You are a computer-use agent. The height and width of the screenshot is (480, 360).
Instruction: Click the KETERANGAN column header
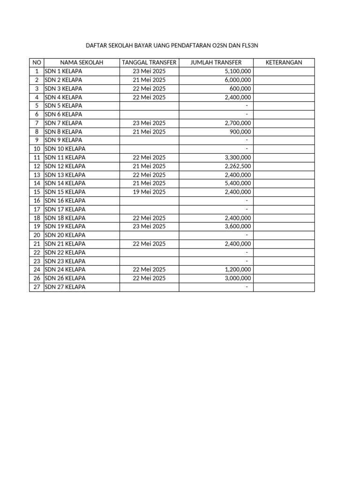point(284,63)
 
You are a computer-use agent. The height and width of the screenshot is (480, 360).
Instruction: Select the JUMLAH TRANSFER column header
point(216,63)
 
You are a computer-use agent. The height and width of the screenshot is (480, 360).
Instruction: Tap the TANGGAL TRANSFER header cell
point(149,63)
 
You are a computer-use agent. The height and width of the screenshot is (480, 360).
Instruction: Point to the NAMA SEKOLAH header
point(82,63)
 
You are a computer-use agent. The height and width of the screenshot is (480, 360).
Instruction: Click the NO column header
point(37,63)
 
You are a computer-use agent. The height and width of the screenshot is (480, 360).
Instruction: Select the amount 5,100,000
point(238,71)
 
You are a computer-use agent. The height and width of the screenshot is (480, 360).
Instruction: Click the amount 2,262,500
point(238,166)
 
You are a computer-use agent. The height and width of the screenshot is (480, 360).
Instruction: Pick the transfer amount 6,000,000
point(238,80)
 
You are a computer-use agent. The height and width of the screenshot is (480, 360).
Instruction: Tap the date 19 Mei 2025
point(149,192)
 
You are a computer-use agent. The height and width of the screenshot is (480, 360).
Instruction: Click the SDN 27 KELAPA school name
point(65,287)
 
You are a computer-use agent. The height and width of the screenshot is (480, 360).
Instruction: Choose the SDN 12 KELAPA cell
point(65,166)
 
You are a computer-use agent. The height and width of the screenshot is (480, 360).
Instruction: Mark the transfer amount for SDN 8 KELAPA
point(240,132)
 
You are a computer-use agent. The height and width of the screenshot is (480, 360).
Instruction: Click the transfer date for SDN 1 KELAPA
point(149,71)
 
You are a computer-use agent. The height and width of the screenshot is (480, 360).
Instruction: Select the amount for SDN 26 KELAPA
point(238,278)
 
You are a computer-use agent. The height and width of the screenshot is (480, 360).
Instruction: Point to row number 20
point(37,235)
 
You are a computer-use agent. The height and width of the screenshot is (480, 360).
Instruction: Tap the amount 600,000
point(240,89)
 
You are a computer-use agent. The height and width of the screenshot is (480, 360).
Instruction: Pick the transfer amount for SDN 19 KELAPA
point(238,226)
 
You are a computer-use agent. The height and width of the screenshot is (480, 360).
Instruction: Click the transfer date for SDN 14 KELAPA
point(149,183)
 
